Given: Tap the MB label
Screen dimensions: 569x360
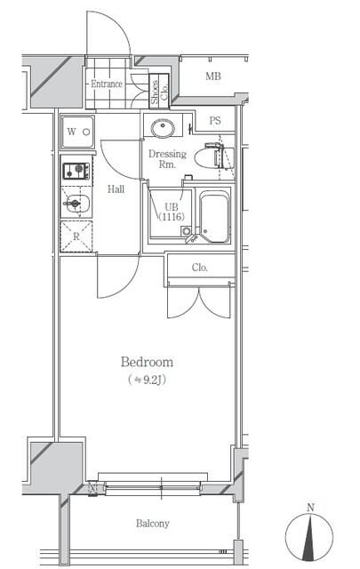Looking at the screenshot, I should pyautogui.click(x=212, y=76).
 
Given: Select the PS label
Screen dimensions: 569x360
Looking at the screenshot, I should pyautogui.click(x=215, y=121).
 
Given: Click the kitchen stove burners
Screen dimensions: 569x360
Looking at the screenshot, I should pyautogui.click(x=75, y=169).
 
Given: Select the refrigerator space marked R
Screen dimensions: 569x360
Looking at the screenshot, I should pyautogui.click(x=76, y=236).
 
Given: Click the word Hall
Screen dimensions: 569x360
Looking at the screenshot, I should pyautogui.click(x=116, y=188).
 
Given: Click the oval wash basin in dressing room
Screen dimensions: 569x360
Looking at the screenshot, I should pyautogui.click(x=163, y=129).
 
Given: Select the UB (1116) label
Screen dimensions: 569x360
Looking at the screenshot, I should pyautogui.click(x=170, y=211).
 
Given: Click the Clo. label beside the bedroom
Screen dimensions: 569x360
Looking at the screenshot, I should pyautogui.click(x=200, y=268).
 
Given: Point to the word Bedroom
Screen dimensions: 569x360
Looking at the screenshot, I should pyautogui.click(x=146, y=362).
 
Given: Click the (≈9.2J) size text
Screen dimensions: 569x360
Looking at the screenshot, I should pyautogui.click(x=146, y=380).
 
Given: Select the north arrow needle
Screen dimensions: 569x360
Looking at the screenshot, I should pyautogui.click(x=310, y=537).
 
